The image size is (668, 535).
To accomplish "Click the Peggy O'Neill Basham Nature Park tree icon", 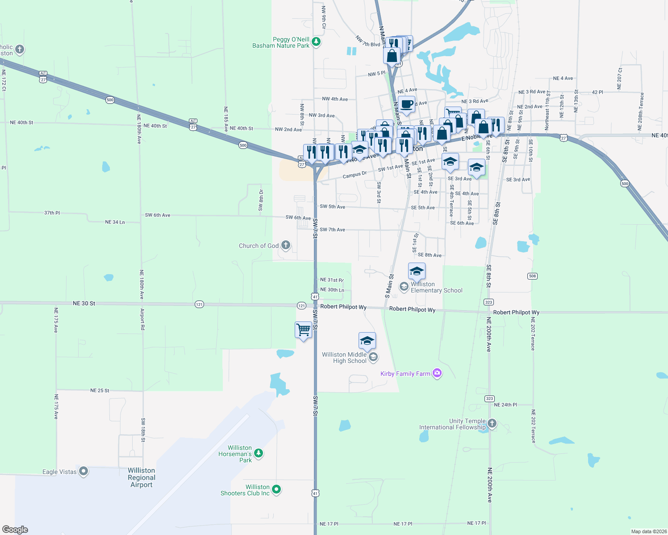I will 316,42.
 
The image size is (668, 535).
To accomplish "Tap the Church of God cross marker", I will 286,245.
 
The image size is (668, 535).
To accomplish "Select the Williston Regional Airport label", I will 141,477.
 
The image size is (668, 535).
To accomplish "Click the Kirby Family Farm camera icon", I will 437,373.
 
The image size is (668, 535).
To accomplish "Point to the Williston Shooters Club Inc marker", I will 276,490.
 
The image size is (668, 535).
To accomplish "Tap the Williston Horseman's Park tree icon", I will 259,453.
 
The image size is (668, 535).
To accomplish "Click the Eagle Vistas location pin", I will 83,471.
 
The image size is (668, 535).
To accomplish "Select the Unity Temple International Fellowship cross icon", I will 492,423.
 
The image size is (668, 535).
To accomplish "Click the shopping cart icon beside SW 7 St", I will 303,330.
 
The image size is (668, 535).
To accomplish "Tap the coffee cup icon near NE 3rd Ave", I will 406,105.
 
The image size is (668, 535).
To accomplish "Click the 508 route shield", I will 532,276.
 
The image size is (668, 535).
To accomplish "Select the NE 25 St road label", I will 100,391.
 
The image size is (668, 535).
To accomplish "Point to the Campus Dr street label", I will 355,175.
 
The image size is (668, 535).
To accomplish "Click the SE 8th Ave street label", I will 430,255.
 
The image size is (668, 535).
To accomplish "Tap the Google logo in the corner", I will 15,529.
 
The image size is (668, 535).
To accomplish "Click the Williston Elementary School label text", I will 436,287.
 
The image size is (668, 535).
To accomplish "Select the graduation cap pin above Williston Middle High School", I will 367,341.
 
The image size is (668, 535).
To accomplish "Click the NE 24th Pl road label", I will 505,405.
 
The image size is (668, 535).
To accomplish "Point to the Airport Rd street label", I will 142,319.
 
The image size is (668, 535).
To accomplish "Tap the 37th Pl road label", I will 52,213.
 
